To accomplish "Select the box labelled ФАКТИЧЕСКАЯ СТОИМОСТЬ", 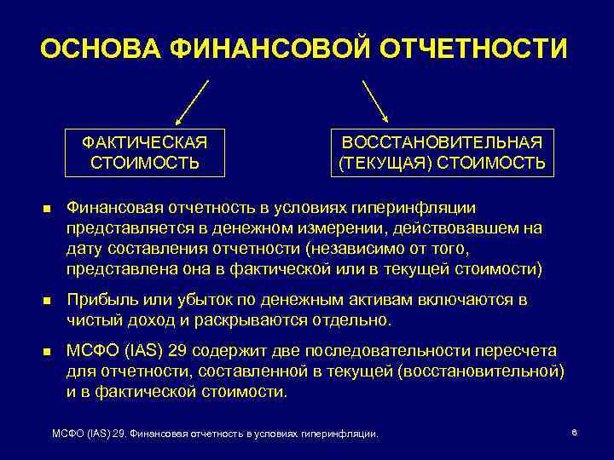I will (146, 152).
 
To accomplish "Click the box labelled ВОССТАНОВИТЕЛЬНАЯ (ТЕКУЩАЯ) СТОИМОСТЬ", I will (442, 152).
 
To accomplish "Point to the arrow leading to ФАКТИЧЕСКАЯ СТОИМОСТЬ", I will (192, 102).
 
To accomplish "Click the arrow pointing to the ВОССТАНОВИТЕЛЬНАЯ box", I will (375, 102).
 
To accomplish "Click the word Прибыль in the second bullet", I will (100, 300).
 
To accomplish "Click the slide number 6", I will (575, 434).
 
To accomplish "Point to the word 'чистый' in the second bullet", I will (92, 320).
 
